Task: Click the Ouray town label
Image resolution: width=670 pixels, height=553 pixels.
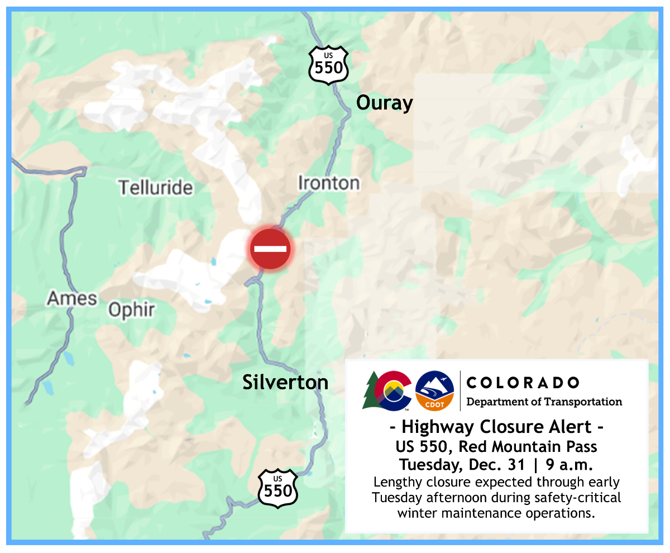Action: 384,103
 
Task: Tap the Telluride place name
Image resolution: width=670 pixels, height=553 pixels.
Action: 155,188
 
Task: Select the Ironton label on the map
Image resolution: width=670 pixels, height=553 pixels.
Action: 328,183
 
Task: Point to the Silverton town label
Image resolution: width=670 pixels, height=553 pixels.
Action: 285,383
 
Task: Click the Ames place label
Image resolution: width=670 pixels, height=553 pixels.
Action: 71,298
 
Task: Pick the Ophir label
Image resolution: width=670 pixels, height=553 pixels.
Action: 131,310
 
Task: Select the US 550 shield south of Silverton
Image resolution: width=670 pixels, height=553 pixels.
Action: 277,488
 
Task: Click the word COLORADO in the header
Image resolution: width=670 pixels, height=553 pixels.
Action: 522,383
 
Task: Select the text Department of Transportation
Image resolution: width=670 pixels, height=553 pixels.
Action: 544,402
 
